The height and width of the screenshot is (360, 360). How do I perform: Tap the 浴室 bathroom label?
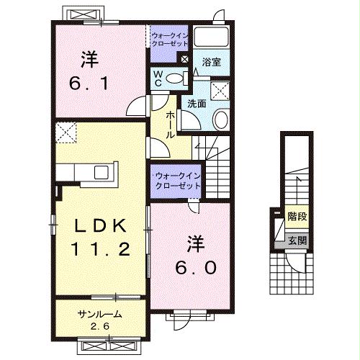click(211, 62)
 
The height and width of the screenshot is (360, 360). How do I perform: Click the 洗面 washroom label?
click(197, 103)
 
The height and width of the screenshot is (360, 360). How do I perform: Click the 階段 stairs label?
click(296, 216)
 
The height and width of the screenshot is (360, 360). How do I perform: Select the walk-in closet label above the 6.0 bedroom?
click(176, 180)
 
